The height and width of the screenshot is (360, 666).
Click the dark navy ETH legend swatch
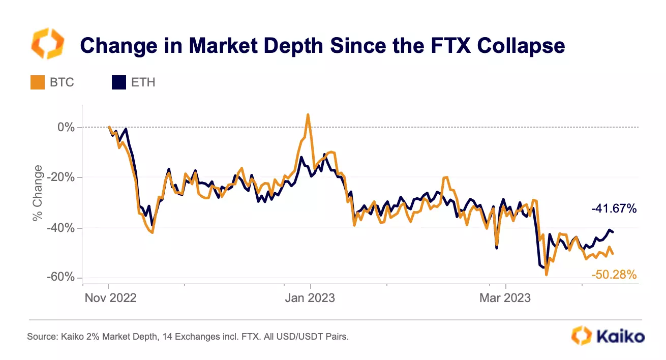click(x=118, y=82)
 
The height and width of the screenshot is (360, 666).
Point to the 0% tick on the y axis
click(x=66, y=127)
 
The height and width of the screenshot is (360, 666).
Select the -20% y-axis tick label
click(x=60, y=177)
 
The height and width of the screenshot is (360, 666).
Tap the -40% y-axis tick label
click(x=60, y=227)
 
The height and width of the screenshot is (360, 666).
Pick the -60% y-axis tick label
click(x=60, y=278)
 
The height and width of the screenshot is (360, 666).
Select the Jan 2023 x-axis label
click(x=310, y=298)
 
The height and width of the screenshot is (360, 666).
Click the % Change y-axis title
click(x=37, y=193)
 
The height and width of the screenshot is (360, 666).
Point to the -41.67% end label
click(x=614, y=208)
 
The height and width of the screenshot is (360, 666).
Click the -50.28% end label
click(x=614, y=275)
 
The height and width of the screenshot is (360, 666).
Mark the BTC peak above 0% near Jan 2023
click(x=308, y=114)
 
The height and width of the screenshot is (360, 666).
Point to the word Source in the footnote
click(x=41, y=337)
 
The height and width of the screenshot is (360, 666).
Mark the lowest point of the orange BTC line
click(x=547, y=275)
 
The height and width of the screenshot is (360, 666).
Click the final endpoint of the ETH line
click(x=613, y=232)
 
